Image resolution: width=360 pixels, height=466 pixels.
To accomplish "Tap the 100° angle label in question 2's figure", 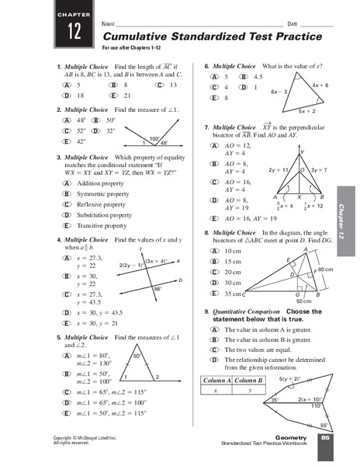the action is coord(154,138).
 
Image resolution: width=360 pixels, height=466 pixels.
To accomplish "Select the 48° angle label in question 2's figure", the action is coord(164,144).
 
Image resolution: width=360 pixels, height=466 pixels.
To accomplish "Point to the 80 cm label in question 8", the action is coord(326,269).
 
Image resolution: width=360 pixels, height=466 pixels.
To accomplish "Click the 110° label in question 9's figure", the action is coord(317,406).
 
